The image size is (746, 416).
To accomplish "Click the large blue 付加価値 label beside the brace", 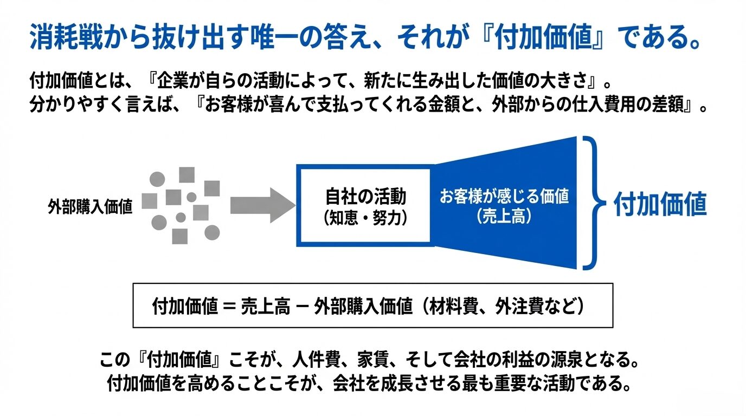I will (x=660, y=205).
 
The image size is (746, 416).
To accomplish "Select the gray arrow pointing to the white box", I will (x=261, y=205).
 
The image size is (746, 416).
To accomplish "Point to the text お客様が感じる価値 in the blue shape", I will (x=504, y=196).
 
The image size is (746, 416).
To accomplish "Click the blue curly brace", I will (x=594, y=203).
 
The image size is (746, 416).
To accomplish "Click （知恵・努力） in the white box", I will (x=365, y=218).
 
